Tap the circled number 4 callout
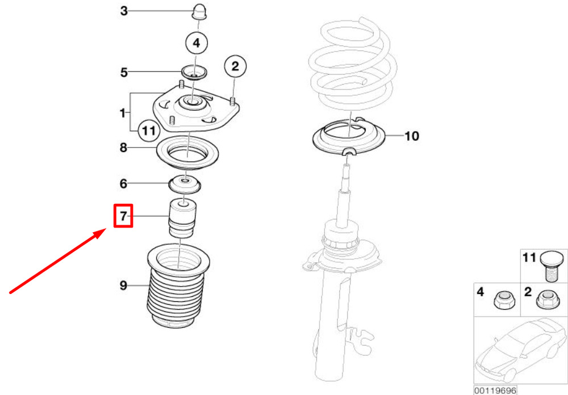click(197, 43)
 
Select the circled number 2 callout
click(235, 66)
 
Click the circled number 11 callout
click(149, 131)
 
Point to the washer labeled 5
click(194, 73)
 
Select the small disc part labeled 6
click(185, 184)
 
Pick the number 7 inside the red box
click(123, 216)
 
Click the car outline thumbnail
click(520, 350)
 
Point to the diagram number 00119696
click(495, 390)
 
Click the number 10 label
click(411, 136)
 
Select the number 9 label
click(123, 285)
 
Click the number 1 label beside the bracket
click(123, 113)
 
